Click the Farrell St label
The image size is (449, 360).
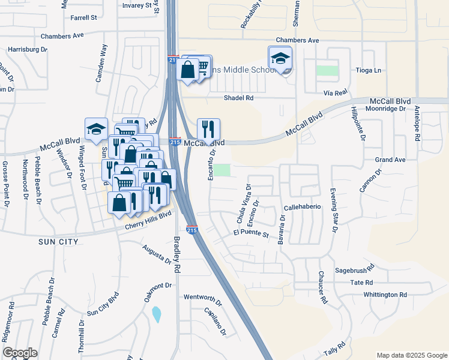83,18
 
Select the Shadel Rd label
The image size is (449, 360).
239,98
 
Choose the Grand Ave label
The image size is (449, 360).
390,160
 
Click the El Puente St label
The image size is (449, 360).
251,232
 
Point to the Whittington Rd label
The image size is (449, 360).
385,295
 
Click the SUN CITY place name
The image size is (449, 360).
58,242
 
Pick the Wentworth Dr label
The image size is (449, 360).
202,297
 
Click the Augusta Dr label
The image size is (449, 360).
157,254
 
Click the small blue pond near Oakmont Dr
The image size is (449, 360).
157,314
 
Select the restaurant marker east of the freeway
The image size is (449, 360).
208,128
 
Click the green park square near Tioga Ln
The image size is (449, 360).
327,70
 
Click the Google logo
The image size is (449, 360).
20,353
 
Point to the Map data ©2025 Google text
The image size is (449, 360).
411,355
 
